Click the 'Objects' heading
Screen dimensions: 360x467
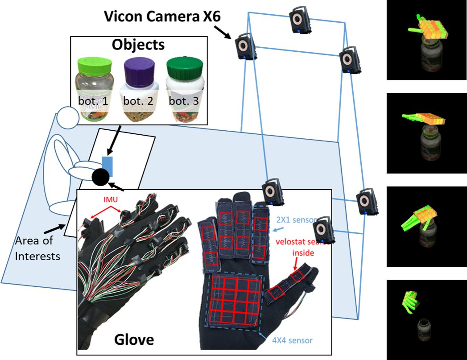pos(138,45)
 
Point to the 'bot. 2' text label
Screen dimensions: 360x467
pos(138,101)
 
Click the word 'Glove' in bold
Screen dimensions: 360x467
pos(134,339)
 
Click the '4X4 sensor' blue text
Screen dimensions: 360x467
pos(292,340)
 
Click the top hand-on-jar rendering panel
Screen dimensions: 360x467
pos(426,40)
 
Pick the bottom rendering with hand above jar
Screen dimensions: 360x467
pos(426,319)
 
